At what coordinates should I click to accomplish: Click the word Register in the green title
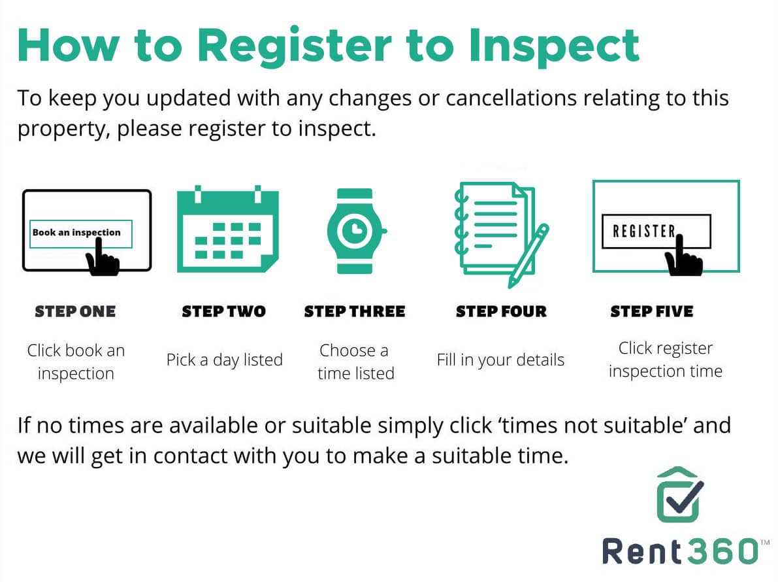point(294,46)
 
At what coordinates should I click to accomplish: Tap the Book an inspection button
point(81,233)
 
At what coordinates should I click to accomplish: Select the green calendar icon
point(228,229)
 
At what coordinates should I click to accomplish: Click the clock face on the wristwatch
point(354,230)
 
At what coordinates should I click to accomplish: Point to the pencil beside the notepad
point(528,256)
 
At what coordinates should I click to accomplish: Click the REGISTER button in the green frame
point(656,231)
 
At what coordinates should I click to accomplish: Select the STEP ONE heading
point(75,311)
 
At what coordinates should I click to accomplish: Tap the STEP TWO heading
point(224,311)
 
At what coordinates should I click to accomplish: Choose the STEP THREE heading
point(355,311)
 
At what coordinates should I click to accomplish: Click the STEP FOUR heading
point(501,311)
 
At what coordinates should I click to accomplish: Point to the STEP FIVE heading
point(652,311)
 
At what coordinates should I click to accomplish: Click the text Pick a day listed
point(224,360)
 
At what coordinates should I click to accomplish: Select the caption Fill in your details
point(500,360)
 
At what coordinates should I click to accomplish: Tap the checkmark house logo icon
point(679,494)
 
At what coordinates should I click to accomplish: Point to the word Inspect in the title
point(554,46)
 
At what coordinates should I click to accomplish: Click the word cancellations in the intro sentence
point(511,98)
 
